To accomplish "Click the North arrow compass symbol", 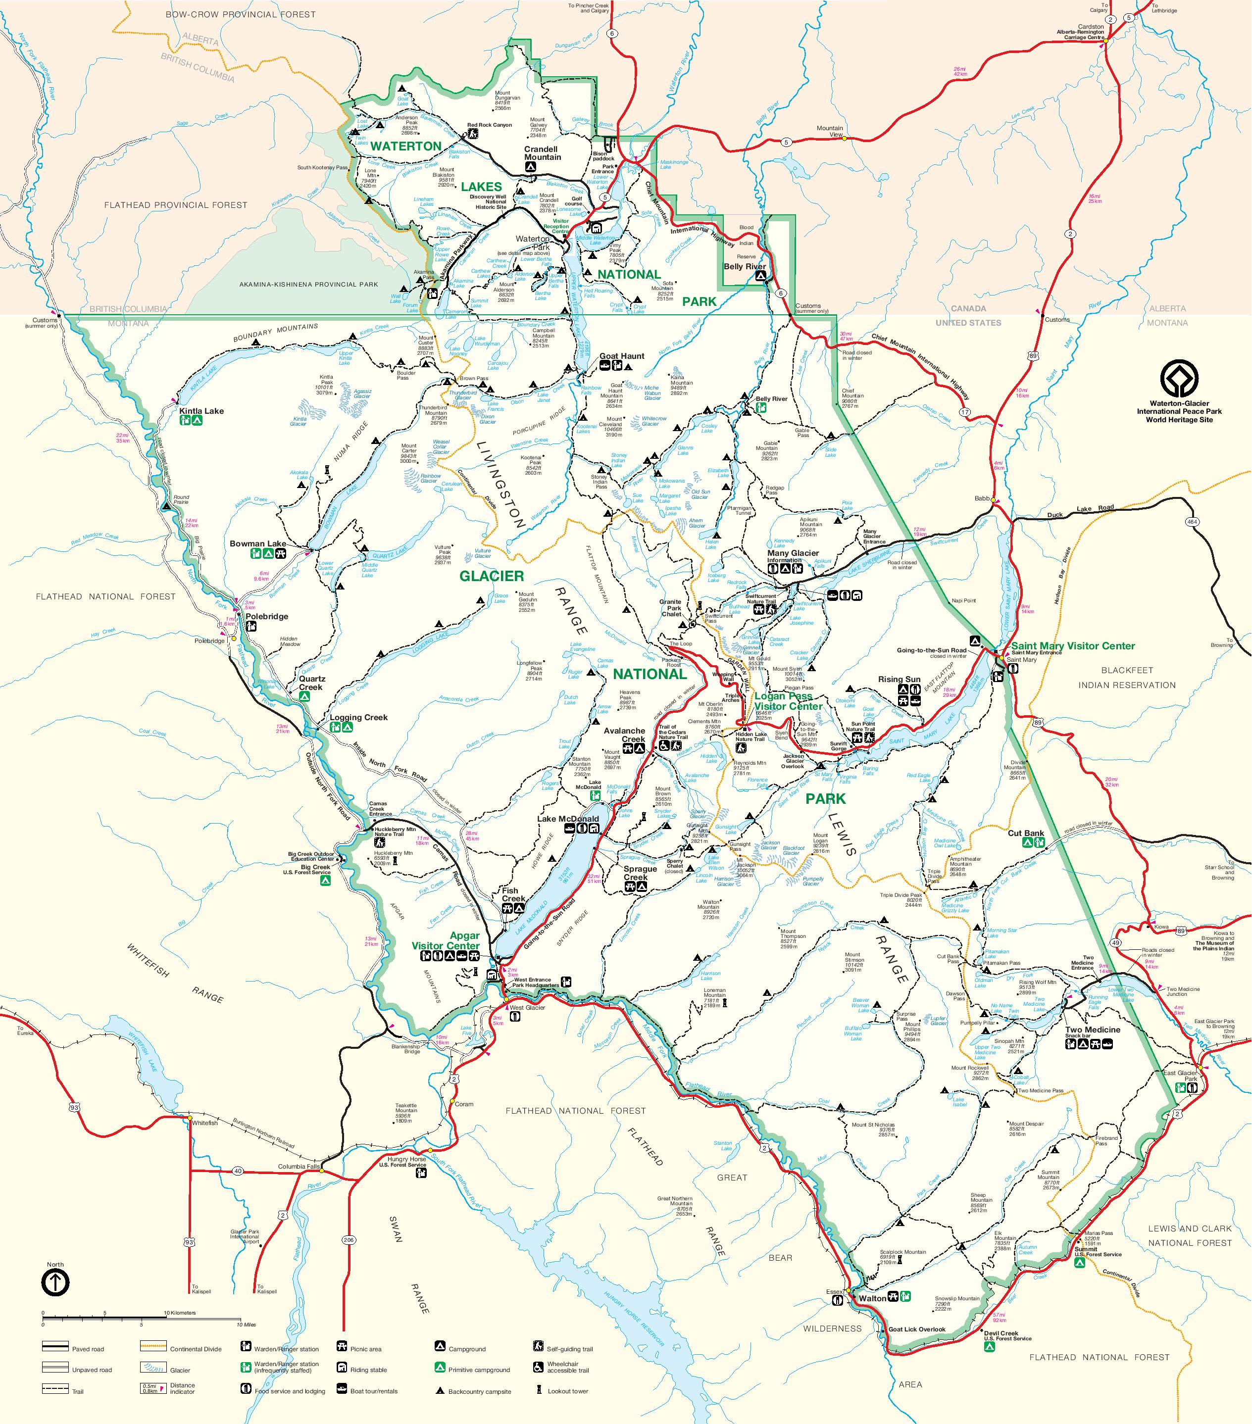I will pyautogui.click(x=55, y=1280).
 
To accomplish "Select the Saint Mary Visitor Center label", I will pyautogui.click(x=1073, y=646).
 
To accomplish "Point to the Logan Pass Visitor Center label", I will pyautogui.click(x=788, y=701).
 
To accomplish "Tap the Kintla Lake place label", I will pyautogui.click(x=201, y=411).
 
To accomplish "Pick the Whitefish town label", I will pyautogui.click(x=205, y=1123).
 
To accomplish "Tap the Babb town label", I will pyautogui.click(x=982, y=498).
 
